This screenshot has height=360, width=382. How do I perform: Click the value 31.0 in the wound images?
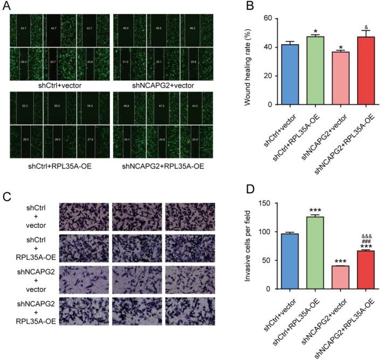(x=125, y=63)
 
